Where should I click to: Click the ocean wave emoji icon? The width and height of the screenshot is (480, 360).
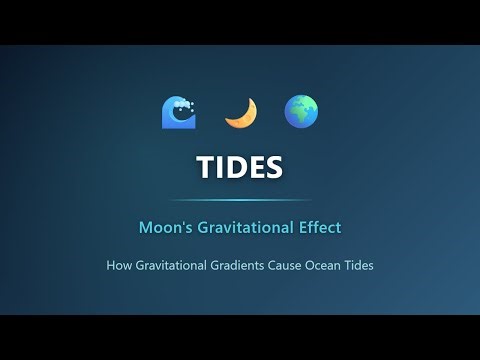[179, 113]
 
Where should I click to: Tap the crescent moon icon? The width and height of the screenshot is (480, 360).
[240, 113]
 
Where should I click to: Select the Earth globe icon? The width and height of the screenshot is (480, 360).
[301, 112]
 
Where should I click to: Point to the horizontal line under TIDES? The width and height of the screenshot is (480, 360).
[240, 200]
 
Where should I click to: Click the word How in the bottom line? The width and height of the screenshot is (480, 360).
[119, 266]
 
